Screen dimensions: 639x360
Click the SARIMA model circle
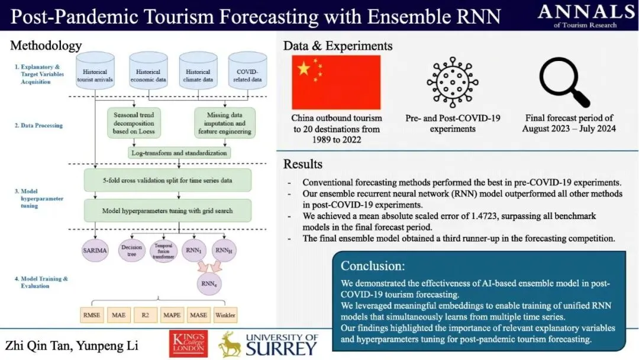pos(96,251)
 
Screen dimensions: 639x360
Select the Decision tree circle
pos(131,251)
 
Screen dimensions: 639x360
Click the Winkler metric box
pos(225,315)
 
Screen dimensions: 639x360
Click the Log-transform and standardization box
pos(179,153)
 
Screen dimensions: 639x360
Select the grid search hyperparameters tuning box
pos(167,211)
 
